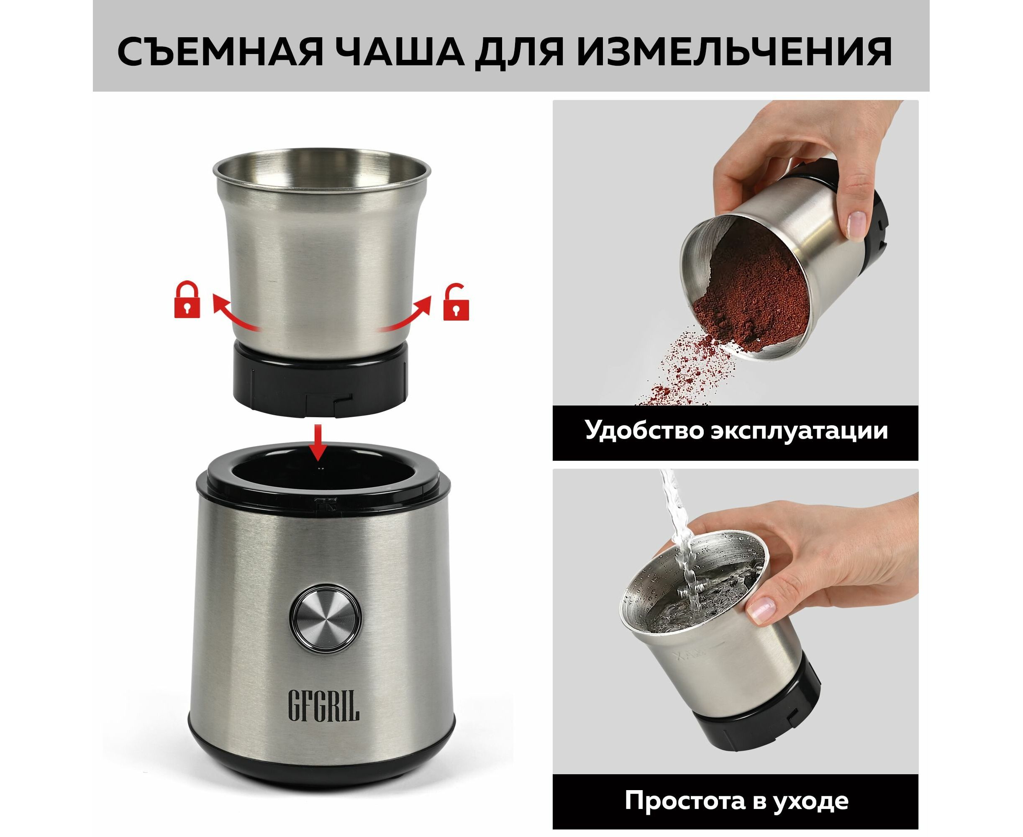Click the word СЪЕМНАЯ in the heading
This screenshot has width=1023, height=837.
click(220, 51)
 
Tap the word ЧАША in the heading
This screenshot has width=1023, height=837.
click(400, 51)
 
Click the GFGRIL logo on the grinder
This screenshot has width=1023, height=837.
click(323, 712)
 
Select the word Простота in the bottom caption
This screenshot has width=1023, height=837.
click(683, 801)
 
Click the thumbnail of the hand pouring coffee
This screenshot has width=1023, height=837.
click(735, 253)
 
